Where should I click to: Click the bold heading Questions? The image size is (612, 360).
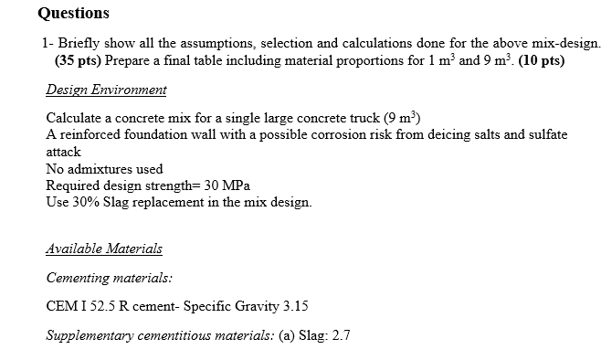[75, 13]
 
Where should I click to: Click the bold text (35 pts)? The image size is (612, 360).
[79, 60]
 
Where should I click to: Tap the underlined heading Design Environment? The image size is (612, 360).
[106, 90]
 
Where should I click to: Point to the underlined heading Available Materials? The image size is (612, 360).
[103, 249]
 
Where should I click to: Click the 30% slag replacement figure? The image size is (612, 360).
[84, 201]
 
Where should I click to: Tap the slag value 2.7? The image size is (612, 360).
[340, 335]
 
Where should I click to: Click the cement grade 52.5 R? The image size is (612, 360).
[114, 306]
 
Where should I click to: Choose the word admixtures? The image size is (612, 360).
[100, 168]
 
